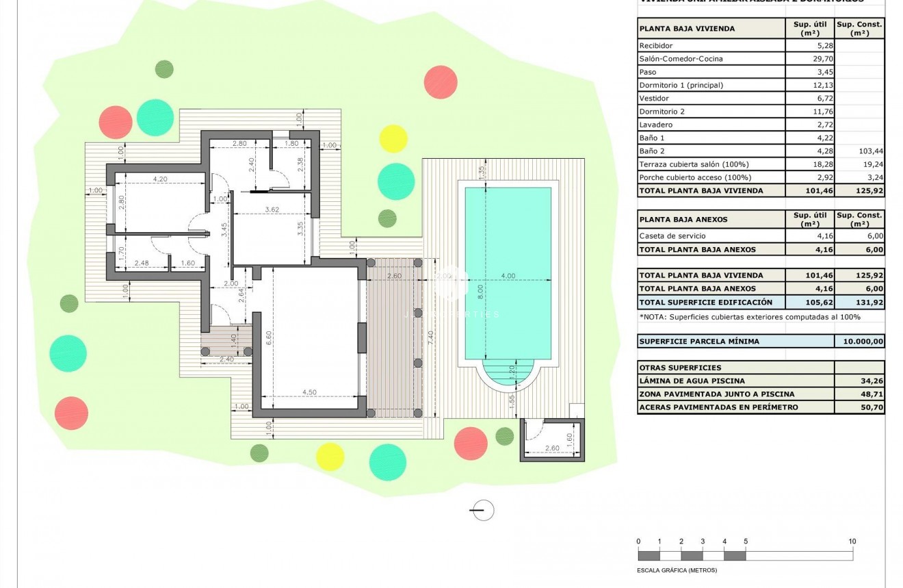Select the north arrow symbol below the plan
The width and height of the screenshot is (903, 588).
482,510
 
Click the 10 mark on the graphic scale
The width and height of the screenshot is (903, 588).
852,541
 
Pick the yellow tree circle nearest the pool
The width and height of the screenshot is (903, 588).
393,138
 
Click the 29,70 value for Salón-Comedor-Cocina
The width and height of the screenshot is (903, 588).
809,59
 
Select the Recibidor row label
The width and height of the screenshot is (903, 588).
656,46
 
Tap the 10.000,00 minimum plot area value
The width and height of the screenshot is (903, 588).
859,341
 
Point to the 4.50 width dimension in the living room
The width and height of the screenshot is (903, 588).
309,392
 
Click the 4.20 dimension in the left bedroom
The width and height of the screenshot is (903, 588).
160,179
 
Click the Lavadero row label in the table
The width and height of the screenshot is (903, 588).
656,125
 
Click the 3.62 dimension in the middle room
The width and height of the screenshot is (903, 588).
272,209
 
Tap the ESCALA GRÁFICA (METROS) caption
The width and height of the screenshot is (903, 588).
677,570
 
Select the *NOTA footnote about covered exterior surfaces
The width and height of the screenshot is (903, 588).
750,317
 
